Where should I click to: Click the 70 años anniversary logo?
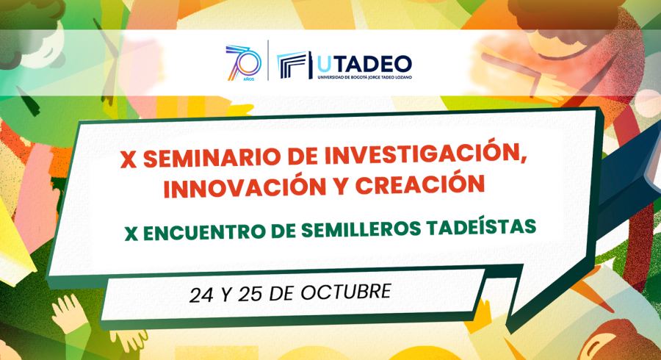[243, 62]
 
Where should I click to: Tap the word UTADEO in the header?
[364, 64]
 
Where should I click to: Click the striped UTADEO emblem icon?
[295, 65]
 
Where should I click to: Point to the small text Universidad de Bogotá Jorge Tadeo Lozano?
[364, 78]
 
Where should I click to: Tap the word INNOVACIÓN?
[245, 188]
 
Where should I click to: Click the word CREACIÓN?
[420, 185]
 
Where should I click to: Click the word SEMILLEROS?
[361, 230]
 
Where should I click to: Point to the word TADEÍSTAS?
[481, 227]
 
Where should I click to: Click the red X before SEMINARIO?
[129, 161]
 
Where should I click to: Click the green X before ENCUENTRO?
[131, 234]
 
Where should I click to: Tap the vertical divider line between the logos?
[268, 60]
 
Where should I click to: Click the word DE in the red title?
[303, 156]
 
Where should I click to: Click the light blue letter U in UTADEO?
[324, 65]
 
